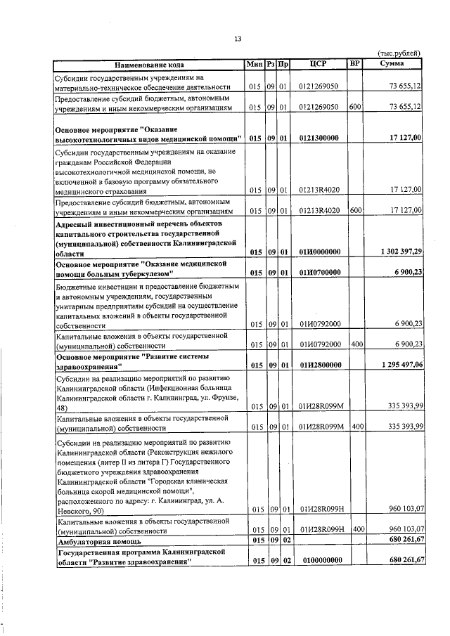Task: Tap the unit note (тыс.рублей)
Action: [x=399, y=53]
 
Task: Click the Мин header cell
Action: [x=254, y=64]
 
